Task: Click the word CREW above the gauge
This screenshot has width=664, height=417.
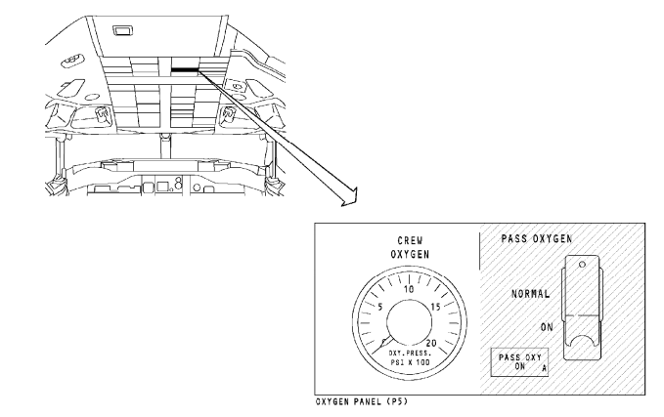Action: click(410, 240)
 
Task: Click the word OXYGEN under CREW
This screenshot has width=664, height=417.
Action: click(410, 254)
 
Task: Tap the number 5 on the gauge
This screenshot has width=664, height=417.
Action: click(379, 307)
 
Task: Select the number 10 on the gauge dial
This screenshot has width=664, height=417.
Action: click(409, 290)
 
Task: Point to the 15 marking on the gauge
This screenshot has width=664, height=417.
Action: click(436, 307)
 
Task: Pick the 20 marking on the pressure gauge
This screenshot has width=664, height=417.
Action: click(431, 344)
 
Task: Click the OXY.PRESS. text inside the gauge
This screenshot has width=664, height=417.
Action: click(410, 354)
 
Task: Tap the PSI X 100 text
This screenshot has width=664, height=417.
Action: click(410, 362)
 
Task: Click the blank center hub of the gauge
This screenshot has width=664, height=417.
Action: click(410, 322)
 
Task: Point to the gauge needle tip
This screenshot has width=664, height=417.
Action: click(373, 354)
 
